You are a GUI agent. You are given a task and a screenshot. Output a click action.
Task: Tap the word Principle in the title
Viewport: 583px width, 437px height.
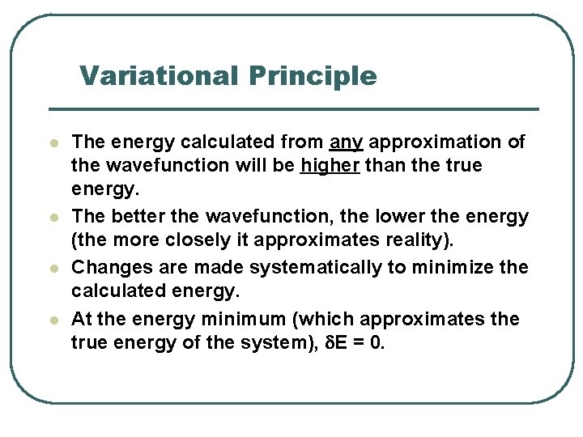tap(313, 77)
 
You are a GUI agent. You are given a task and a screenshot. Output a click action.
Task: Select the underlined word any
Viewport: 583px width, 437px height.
tap(347, 142)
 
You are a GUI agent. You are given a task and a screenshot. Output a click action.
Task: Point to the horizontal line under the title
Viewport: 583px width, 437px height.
tap(293, 109)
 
